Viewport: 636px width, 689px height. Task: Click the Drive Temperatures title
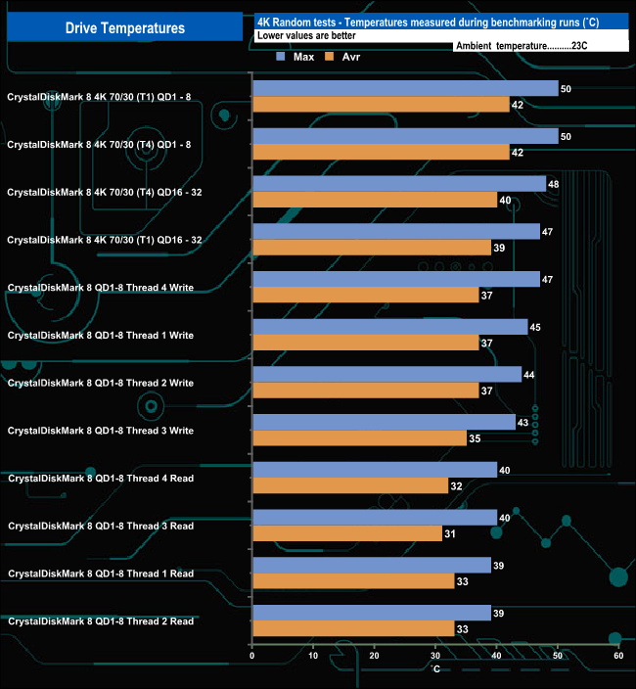tap(124, 28)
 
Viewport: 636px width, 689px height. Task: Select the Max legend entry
tap(295, 57)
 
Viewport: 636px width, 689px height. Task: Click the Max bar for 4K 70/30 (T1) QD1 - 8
tap(405, 88)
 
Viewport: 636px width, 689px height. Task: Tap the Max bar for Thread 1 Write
tap(389, 327)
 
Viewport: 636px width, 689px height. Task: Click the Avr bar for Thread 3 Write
tap(359, 438)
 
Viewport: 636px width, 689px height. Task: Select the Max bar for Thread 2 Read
tap(371, 613)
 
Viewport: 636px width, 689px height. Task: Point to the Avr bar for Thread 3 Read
tap(346, 533)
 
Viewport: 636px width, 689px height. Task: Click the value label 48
tap(554, 184)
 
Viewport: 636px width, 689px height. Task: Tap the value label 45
tap(535, 327)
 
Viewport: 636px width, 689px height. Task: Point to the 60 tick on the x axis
tap(617, 656)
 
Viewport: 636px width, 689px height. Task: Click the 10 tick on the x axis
tap(313, 656)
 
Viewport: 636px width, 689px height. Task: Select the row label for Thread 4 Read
tap(101, 479)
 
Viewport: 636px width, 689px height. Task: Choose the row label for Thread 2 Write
tap(101, 383)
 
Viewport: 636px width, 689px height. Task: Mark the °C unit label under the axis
tap(435, 668)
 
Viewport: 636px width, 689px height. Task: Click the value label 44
tap(529, 375)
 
